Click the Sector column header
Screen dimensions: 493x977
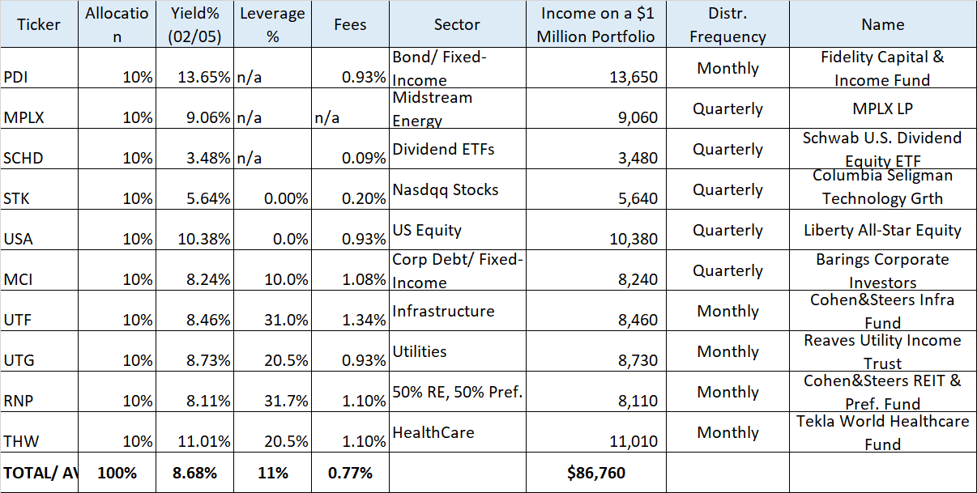(x=456, y=24)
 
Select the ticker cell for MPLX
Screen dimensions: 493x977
(x=23, y=117)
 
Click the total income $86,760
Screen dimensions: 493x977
(x=595, y=473)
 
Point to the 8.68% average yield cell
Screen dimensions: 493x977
(x=197, y=473)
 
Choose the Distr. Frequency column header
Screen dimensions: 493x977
(x=727, y=25)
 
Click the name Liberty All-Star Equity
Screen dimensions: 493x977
(x=882, y=230)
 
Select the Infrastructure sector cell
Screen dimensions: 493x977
(x=443, y=311)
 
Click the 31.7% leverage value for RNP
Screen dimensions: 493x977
(x=284, y=401)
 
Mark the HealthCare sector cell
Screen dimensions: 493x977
(x=433, y=432)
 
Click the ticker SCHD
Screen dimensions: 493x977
(x=23, y=158)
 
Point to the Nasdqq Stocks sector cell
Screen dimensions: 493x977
(x=445, y=189)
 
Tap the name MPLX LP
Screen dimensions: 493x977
(x=882, y=108)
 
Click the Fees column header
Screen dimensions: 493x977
(x=350, y=24)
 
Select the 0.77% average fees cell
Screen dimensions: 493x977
(x=350, y=473)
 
